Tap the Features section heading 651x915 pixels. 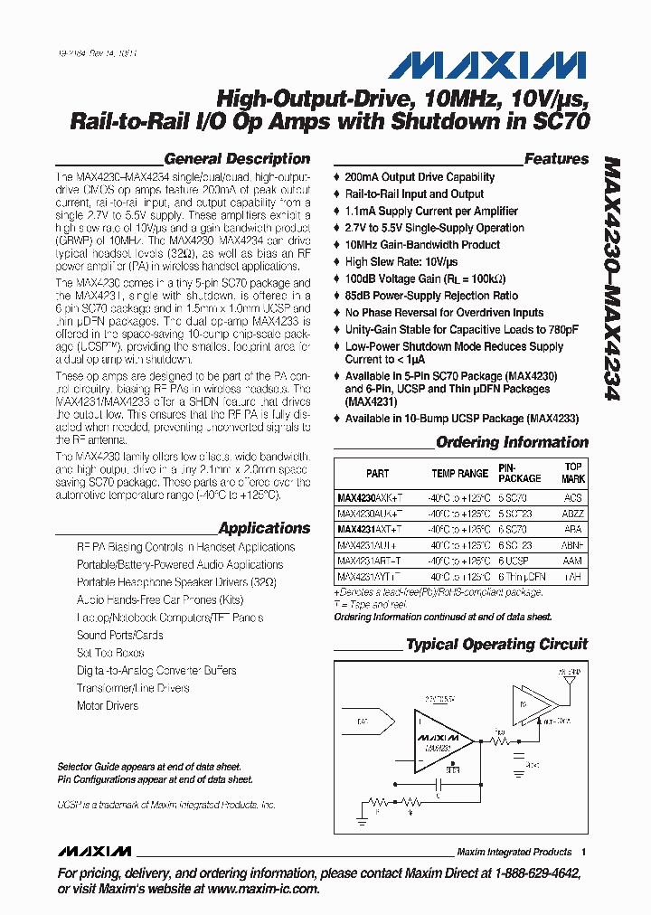click(556, 158)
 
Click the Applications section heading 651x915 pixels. click(264, 528)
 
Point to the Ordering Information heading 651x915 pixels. click(512, 442)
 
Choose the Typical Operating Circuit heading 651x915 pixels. click(496, 645)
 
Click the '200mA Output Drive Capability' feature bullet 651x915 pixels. click(420, 177)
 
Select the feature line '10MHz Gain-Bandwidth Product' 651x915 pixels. click(422, 245)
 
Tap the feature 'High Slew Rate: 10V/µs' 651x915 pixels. click(402, 262)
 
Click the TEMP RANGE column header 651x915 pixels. click(459, 474)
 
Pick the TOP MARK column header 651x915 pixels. click(573, 474)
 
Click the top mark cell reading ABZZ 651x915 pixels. click(572, 514)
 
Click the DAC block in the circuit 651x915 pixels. click(363, 721)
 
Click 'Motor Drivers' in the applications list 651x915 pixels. click(108, 705)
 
